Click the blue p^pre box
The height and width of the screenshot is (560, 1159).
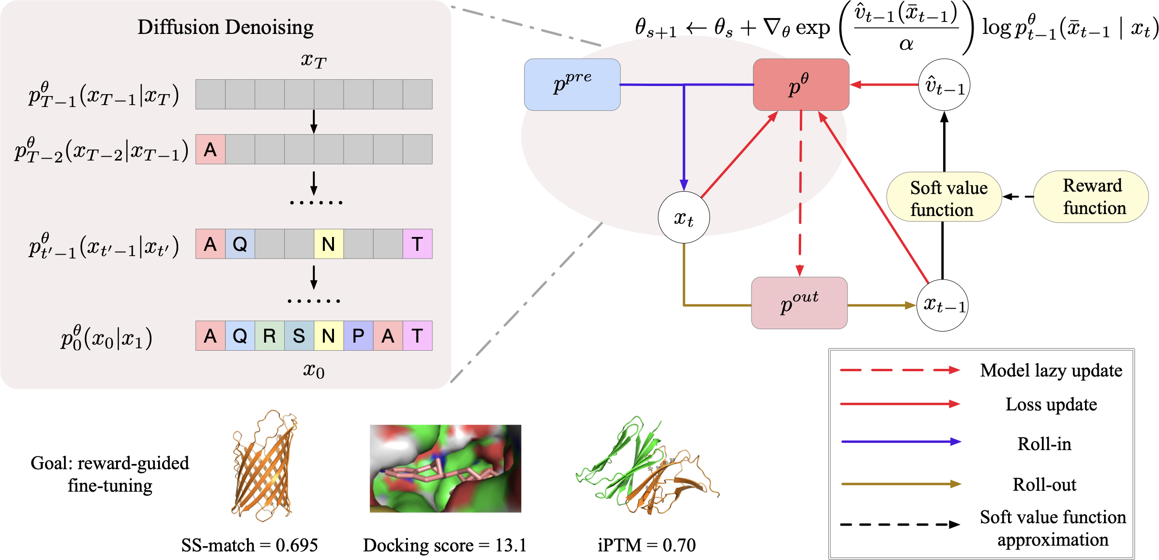click(x=572, y=85)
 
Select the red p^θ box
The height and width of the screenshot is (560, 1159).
click(x=801, y=85)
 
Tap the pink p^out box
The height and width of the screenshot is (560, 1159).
click(x=799, y=303)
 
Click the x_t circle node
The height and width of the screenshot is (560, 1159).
click(x=684, y=217)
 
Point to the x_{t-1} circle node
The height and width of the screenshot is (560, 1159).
click(x=943, y=305)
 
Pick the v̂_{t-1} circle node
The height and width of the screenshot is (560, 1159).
click(x=944, y=85)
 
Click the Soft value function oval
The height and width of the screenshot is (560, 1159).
click(x=944, y=197)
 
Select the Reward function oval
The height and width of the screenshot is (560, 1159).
click(x=1091, y=196)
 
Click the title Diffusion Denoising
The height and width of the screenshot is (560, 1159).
click(x=225, y=27)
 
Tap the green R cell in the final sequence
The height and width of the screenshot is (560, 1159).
click(x=269, y=336)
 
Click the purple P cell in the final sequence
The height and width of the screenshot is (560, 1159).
click(x=358, y=336)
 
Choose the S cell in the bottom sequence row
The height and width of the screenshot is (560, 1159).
click(x=299, y=336)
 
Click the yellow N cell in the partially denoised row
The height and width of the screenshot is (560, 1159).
click(x=329, y=244)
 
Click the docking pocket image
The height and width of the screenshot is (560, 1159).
click(x=445, y=468)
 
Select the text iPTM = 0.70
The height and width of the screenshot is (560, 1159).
click(x=646, y=545)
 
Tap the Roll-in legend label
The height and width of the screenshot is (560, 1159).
click(x=1044, y=444)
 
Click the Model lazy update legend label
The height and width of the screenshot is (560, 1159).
click(x=1051, y=371)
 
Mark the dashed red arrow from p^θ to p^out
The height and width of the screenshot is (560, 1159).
click(x=801, y=191)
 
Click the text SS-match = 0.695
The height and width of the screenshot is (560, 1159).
click(x=249, y=545)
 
